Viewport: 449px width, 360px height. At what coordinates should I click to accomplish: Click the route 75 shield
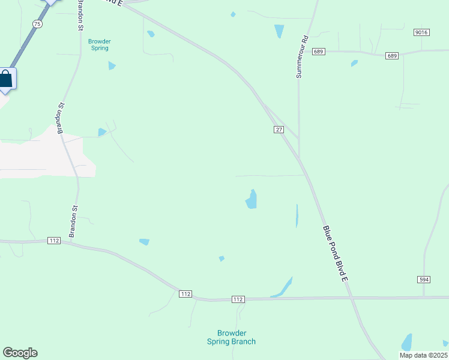38,24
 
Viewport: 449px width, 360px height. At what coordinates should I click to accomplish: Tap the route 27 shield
279,130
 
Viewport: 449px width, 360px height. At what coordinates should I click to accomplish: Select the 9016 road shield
421,32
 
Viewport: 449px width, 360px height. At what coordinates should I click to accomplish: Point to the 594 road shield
423,280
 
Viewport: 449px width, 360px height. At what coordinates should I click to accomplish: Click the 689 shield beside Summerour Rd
318,52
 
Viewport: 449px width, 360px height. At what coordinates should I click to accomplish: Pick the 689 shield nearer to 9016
392,56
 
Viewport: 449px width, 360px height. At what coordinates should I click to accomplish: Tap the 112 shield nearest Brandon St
54,241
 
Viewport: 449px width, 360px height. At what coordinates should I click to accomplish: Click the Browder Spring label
100,45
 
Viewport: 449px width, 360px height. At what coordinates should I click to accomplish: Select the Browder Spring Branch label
231,337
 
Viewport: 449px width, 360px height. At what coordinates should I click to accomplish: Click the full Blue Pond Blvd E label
336,254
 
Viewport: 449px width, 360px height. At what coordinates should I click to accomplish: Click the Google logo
20,353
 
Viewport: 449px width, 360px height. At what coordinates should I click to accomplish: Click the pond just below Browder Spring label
112,65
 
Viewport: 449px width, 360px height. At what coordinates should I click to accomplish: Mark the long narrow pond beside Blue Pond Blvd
297,216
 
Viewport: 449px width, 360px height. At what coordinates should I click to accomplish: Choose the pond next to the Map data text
407,343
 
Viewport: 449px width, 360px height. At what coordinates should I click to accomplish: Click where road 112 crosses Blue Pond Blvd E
352,297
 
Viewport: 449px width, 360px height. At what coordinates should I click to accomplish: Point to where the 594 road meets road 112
424,296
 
